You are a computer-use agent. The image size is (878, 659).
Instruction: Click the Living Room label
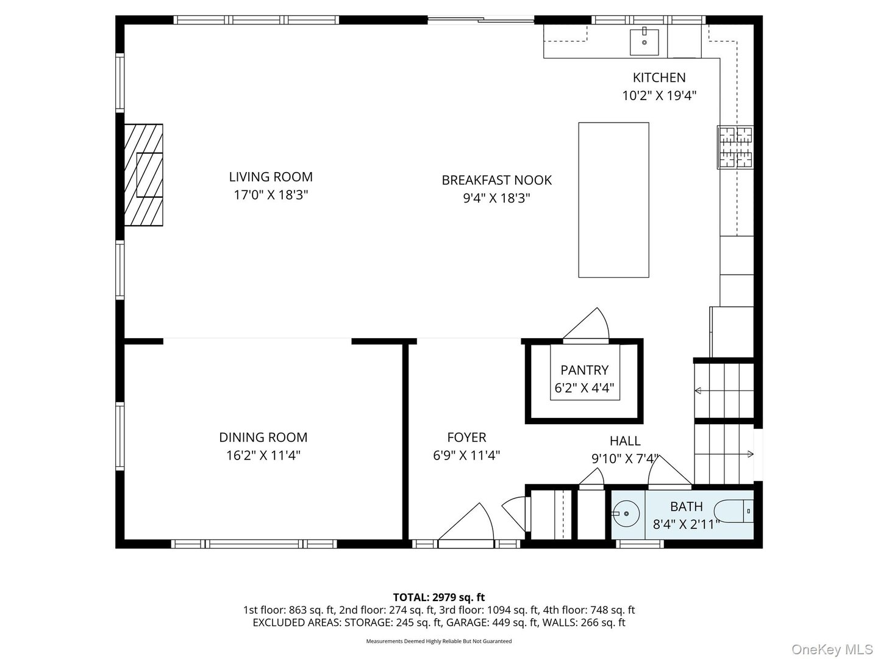pos(271,177)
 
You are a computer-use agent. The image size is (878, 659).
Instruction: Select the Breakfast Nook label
pos(496,180)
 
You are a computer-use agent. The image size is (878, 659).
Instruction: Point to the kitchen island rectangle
pos(613,200)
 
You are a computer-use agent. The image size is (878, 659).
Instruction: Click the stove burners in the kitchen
pos(735,147)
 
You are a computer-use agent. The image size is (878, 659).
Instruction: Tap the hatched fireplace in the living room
pos(144,175)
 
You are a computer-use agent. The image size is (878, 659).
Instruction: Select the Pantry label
pos(584,370)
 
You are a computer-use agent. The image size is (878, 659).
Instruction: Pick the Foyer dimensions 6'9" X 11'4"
pos(466,455)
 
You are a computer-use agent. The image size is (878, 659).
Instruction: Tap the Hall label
pos(625,441)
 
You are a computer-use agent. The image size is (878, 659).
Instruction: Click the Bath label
pos(686,506)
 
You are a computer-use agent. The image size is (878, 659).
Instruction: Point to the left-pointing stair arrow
pos(699,391)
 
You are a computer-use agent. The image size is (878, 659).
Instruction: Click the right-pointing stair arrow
pos(749,454)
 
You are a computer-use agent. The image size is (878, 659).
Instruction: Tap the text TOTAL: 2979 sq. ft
pos(438,597)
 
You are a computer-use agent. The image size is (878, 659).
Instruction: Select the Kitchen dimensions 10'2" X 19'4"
pos(659,96)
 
